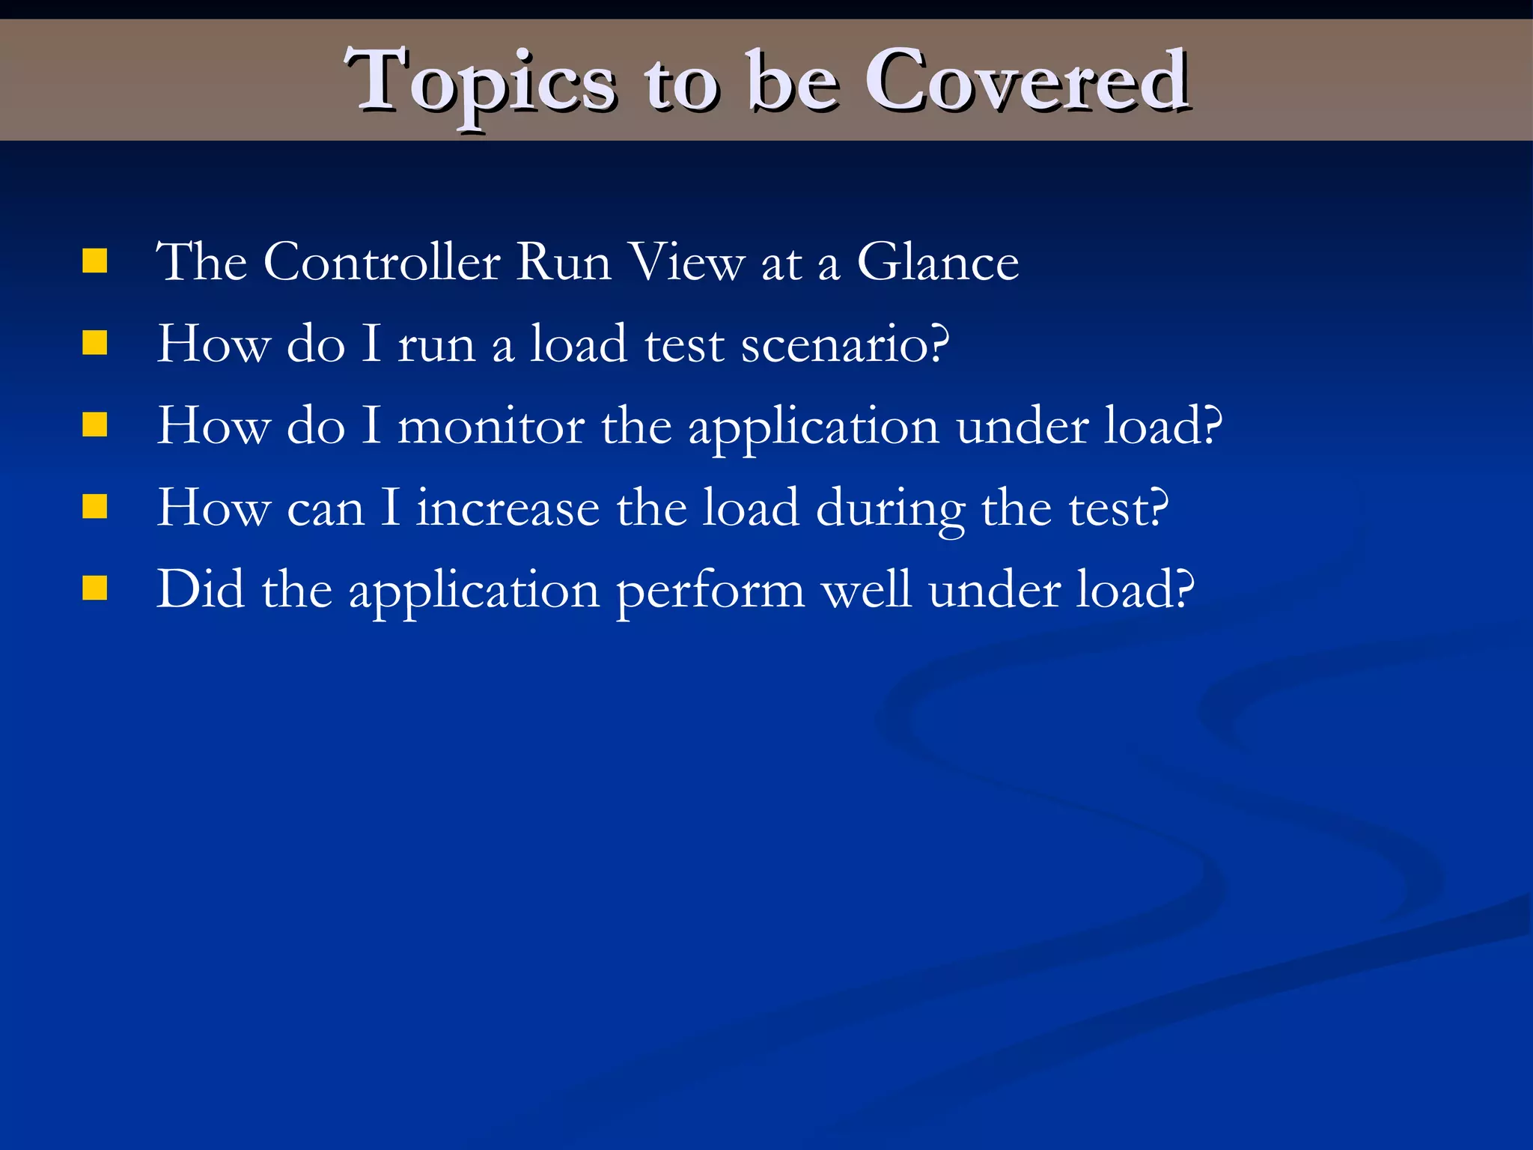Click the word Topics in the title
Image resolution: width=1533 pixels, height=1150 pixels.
[480, 82]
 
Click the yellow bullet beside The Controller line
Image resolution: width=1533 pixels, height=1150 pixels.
[95, 261]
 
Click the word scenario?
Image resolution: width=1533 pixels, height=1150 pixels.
[845, 345]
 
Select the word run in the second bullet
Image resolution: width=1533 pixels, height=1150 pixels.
[436, 347]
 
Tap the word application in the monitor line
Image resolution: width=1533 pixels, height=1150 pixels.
[813, 428]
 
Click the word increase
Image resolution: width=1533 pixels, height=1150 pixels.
[508, 508]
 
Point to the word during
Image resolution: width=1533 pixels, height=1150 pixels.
[890, 510]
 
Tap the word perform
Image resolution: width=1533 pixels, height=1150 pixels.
[710, 591]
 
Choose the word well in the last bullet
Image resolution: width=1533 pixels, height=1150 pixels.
[866, 589]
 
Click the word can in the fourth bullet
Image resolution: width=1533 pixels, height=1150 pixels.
[326, 510]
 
